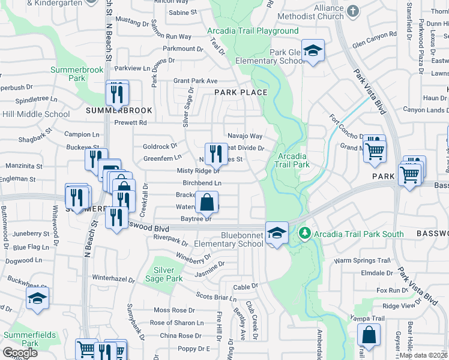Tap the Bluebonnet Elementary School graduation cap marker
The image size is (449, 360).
[x=277, y=232]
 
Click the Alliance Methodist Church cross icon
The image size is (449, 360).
[x=352, y=11]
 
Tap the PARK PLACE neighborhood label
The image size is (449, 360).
[x=241, y=92]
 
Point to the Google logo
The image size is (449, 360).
[x=20, y=352]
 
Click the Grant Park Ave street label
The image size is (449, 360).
[x=195, y=80]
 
